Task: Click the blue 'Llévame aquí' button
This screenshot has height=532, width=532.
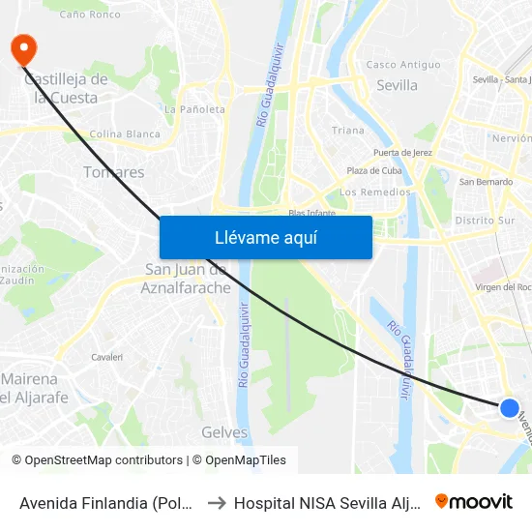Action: [x=265, y=237]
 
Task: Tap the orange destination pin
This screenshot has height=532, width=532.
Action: [x=20, y=49]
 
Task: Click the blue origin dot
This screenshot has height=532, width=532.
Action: [x=510, y=408]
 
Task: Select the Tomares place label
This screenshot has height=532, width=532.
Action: [x=114, y=172]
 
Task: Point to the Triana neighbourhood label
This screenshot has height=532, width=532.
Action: [x=348, y=131]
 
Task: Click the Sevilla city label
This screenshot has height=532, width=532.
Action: [x=397, y=85]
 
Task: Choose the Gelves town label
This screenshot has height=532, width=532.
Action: [x=224, y=432]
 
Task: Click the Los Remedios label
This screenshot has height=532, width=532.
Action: [x=375, y=192]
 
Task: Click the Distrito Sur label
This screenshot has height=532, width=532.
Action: [x=485, y=220]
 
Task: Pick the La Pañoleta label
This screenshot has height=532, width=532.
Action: [x=194, y=109]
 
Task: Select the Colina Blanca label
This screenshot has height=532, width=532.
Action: [x=124, y=134]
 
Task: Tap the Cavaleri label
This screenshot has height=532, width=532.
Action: [x=106, y=357]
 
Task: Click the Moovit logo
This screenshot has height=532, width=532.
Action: [x=474, y=501]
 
